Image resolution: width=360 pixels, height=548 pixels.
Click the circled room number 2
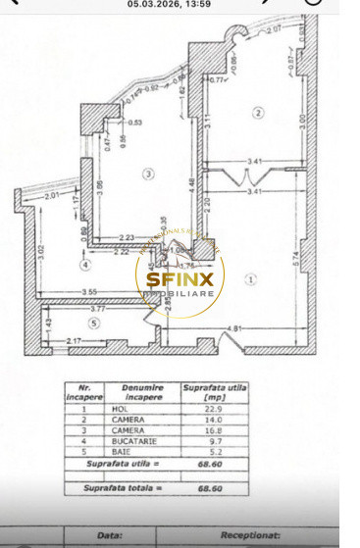[258, 113]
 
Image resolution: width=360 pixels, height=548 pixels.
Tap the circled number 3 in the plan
[147, 174]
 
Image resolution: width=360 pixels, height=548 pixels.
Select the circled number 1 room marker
[251, 277]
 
